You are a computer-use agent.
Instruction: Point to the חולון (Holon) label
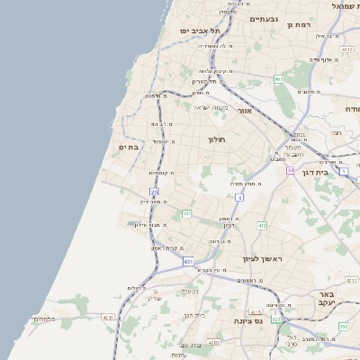click(217, 139)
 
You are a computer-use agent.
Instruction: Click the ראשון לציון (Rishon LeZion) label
click(262, 258)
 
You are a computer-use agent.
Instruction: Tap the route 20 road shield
click(155, 192)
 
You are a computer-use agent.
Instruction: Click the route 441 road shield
click(186, 213)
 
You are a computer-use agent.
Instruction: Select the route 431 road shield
click(188, 261)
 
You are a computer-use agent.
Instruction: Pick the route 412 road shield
click(262, 225)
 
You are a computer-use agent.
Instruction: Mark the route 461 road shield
click(279, 79)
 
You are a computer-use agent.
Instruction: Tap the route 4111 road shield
click(109, 317)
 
